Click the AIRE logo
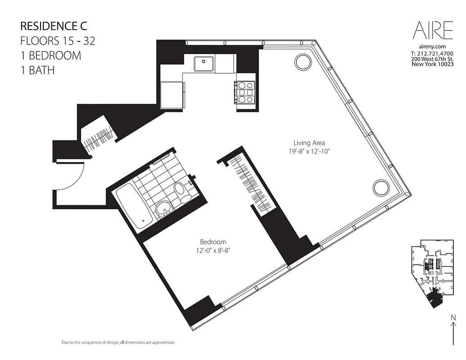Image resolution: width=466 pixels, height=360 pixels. (433, 31)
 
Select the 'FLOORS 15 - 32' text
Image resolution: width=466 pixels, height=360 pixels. (58, 40)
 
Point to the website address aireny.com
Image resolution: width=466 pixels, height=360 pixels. (432, 47)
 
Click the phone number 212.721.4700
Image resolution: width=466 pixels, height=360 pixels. (432, 54)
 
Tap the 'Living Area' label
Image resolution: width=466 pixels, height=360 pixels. (309, 143)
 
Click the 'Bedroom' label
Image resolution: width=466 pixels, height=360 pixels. (213, 242)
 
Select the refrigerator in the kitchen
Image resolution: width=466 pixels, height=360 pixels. (172, 94)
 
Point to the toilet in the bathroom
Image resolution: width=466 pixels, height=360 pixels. (182, 192)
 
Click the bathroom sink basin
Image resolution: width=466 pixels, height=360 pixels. (163, 209)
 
